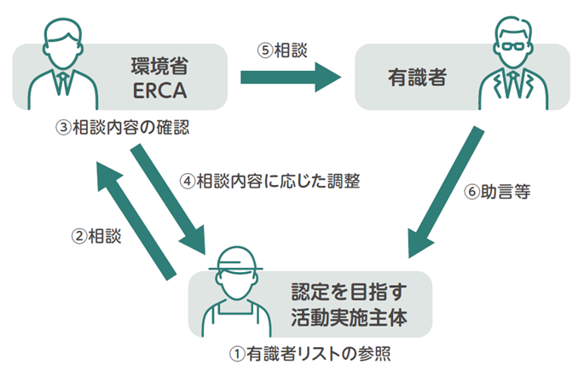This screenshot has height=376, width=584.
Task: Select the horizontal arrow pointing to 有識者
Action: point(290,78)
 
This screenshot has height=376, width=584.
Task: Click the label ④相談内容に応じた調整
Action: point(270,181)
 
